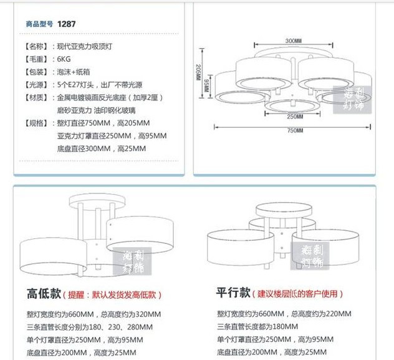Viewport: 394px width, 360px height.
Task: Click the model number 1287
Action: tap(67, 24)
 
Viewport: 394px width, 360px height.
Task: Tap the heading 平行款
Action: tap(233, 293)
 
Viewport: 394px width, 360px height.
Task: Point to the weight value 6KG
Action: tap(64, 59)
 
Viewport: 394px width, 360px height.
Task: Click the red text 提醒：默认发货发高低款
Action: tap(115, 294)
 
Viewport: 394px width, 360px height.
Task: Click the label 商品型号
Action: tap(40, 24)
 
